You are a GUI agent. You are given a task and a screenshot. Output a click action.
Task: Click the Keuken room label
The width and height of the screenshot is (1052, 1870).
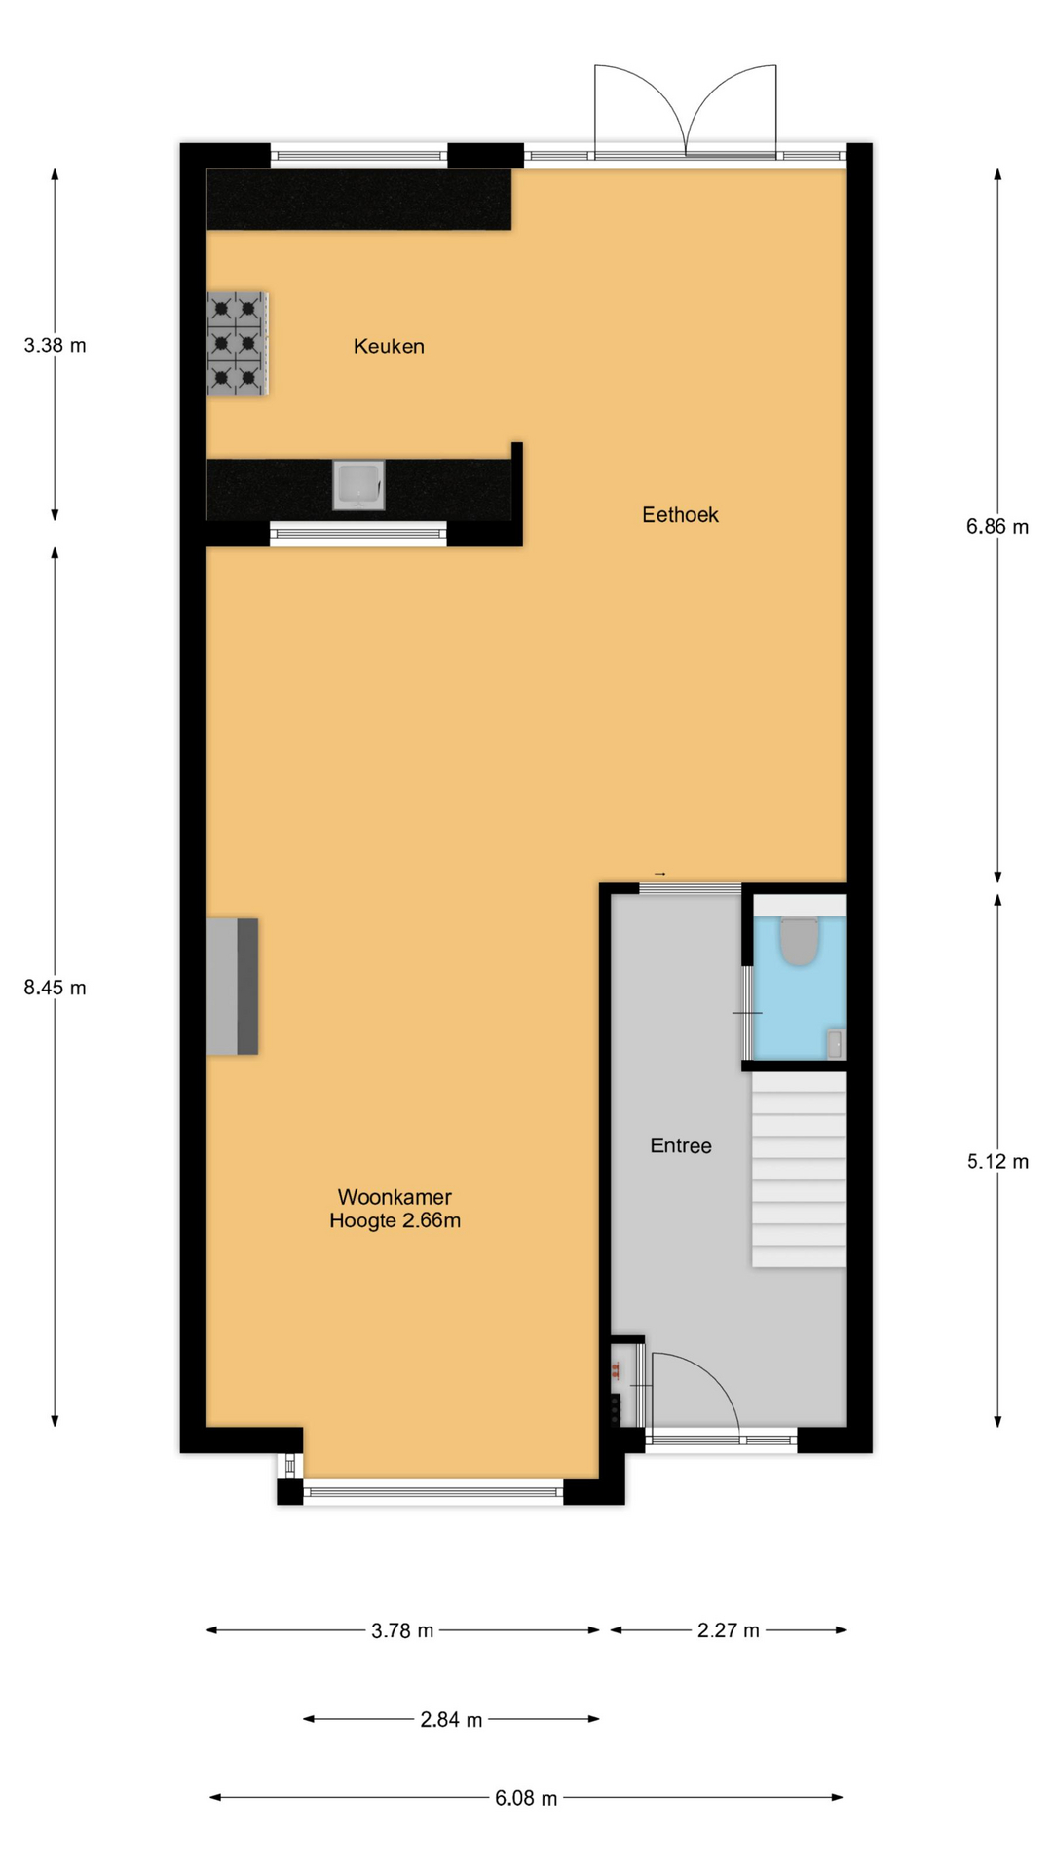tap(389, 346)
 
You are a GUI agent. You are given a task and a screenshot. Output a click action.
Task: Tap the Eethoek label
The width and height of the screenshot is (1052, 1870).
tap(680, 514)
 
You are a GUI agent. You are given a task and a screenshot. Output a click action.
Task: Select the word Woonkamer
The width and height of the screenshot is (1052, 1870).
tap(394, 1197)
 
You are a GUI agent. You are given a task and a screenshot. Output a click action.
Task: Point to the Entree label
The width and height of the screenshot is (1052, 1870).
tap(681, 1145)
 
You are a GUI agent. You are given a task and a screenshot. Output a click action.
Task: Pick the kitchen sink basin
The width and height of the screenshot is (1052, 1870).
tap(358, 485)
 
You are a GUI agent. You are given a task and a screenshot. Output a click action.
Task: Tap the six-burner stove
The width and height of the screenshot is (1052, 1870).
tap(237, 344)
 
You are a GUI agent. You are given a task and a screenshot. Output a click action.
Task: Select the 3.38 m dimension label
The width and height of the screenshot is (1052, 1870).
tap(56, 345)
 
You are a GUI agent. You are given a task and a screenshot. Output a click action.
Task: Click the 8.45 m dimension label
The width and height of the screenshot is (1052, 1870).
tap(56, 988)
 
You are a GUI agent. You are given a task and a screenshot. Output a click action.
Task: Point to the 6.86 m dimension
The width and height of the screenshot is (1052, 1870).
tap(997, 527)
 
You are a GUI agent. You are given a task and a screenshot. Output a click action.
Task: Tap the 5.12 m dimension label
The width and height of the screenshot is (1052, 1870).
tap(997, 1161)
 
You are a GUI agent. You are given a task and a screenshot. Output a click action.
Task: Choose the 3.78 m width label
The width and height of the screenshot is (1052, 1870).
tap(402, 1630)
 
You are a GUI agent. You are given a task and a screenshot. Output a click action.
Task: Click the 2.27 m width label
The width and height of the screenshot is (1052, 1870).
tap(729, 1630)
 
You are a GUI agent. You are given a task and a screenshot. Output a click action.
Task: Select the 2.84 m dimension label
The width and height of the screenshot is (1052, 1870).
tap(451, 1720)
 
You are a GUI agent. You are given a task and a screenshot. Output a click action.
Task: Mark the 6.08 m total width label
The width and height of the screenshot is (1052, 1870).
tap(526, 1798)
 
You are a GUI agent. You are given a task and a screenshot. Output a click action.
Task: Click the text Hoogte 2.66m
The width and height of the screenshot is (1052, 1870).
tap(394, 1220)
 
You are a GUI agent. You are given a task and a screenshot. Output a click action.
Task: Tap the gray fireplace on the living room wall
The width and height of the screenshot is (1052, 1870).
tap(232, 986)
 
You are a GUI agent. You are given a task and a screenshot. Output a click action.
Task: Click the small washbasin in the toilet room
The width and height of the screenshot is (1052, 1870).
tap(836, 1043)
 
